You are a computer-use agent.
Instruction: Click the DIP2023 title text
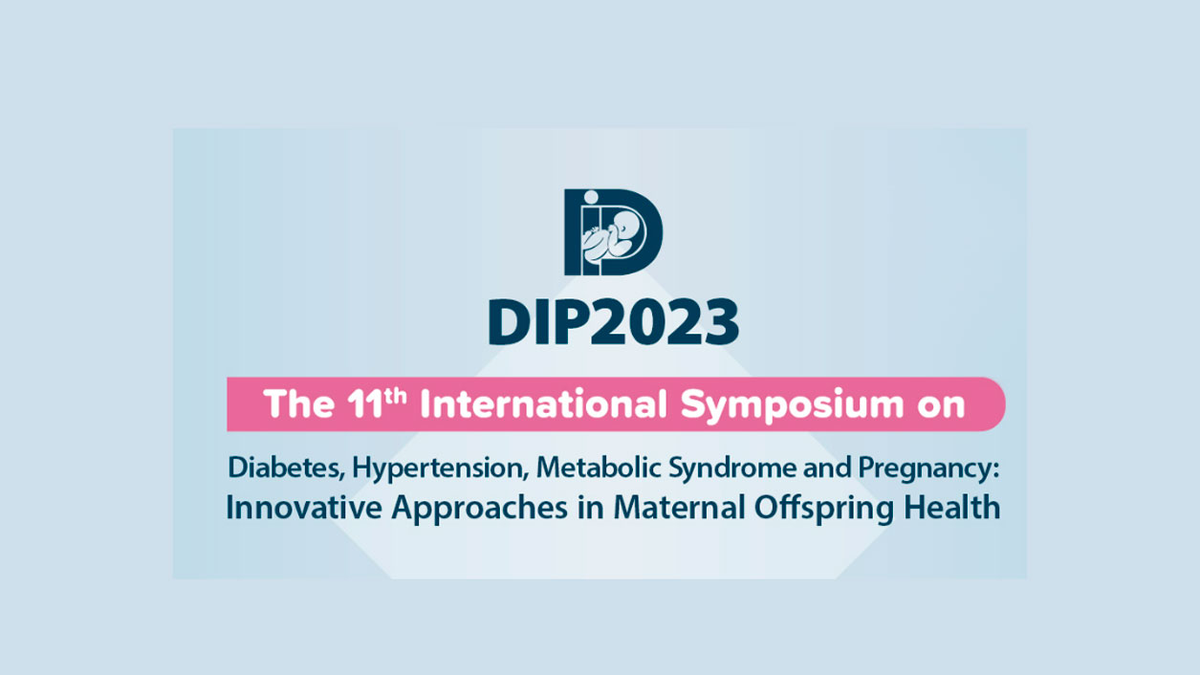tap(614, 322)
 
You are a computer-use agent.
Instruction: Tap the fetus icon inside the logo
tap(615, 237)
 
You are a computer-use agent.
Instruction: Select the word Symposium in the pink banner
tap(793, 405)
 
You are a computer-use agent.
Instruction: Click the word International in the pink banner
tap(543, 403)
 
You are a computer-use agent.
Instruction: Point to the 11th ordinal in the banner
tap(376, 403)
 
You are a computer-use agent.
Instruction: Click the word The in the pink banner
tap(299, 403)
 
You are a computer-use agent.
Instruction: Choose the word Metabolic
tap(599, 468)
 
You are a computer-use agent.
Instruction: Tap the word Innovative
tap(304, 508)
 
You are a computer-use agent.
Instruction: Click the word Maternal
tap(679, 508)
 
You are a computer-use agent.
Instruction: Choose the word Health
tap(952, 508)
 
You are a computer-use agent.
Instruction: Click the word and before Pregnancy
tap(827, 468)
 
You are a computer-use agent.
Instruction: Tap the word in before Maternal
tap(591, 508)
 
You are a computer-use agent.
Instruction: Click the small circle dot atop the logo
tap(591, 197)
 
